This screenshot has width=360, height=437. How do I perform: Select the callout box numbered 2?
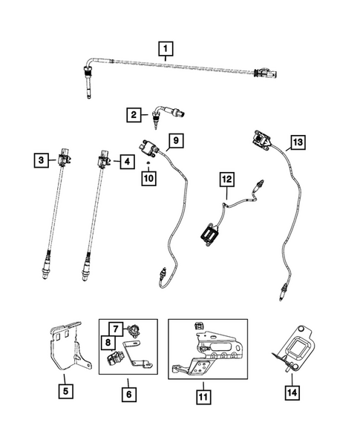coord(133,114)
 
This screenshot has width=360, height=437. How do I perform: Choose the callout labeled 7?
coord(117,327)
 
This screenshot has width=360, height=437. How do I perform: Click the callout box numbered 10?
coord(149,179)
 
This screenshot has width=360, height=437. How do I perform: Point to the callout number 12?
coord(226,179)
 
